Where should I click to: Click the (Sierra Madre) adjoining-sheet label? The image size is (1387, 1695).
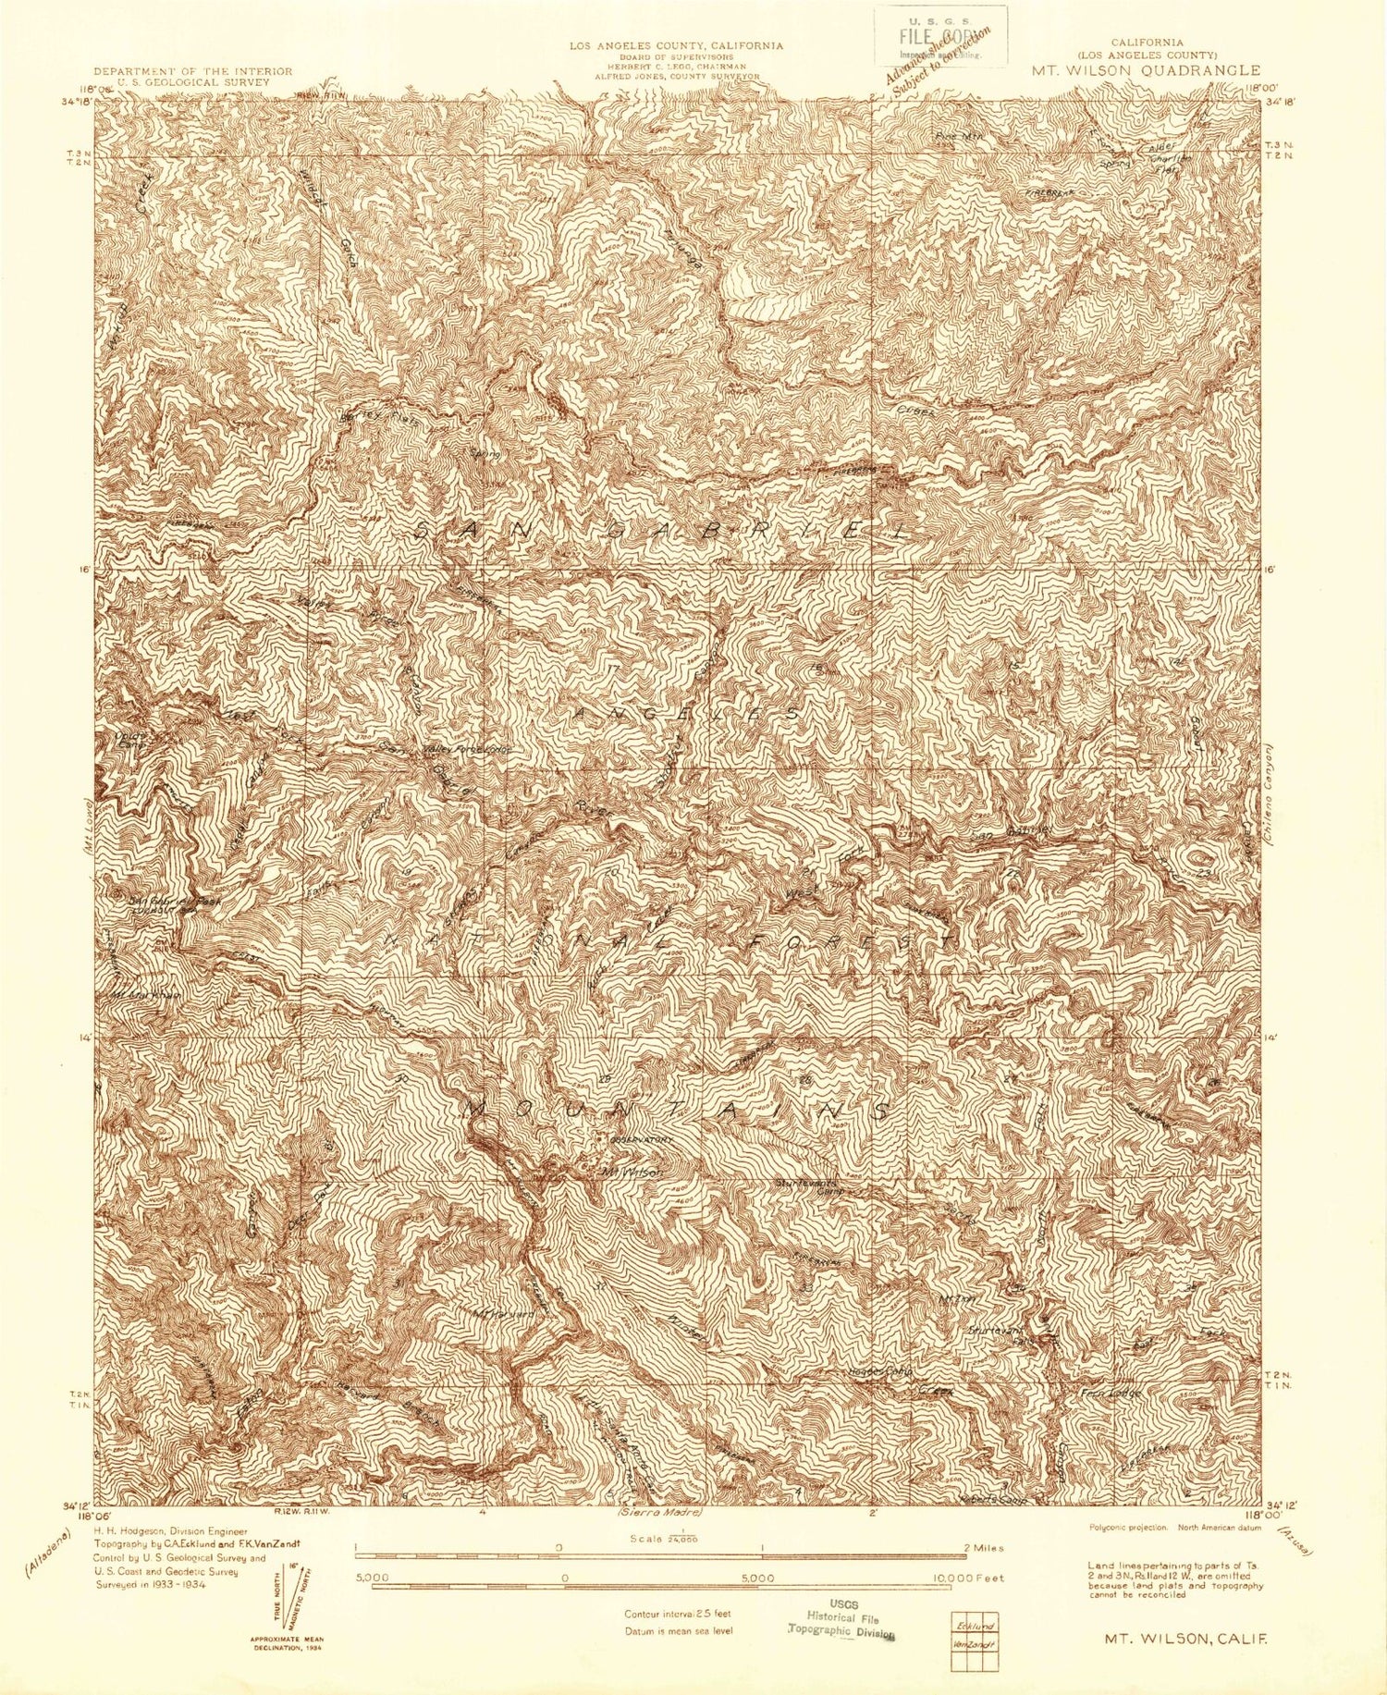tap(660, 1513)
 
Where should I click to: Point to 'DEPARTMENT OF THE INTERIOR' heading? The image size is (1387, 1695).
tap(193, 71)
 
